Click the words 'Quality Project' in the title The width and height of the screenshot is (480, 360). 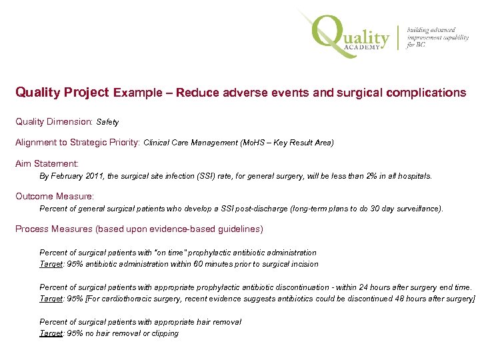62,93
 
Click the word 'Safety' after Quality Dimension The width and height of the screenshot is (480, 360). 107,123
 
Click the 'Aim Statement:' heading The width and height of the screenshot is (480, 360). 47,163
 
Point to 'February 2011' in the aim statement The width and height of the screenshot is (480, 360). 77,177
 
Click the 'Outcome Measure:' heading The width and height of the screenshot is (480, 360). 55,196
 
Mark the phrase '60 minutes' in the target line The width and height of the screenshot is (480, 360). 230,264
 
